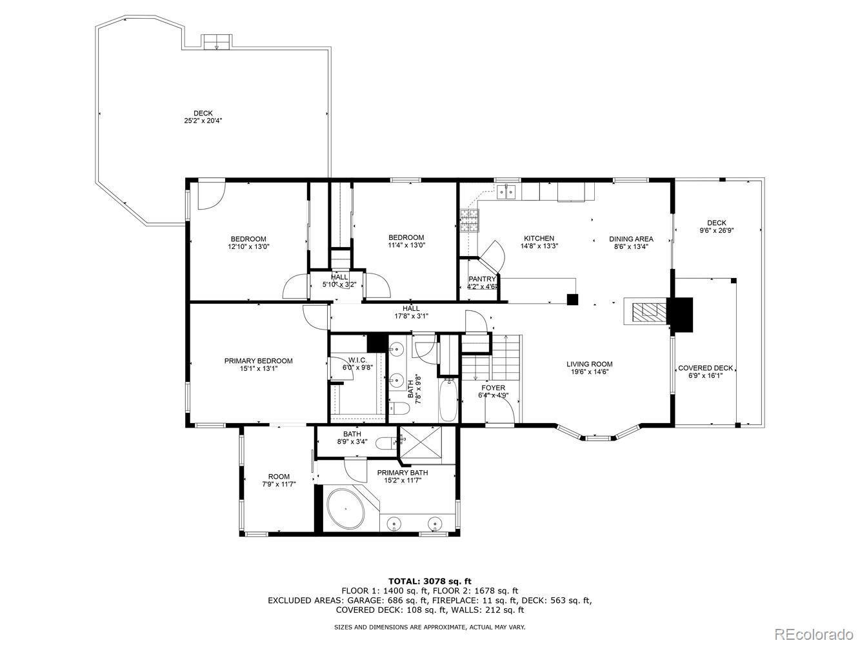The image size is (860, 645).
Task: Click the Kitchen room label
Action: click(539, 238)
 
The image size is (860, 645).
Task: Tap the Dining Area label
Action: click(631, 239)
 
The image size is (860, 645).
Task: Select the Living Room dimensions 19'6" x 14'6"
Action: click(589, 372)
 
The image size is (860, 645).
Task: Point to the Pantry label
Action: click(482, 279)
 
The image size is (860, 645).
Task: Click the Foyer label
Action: click(493, 388)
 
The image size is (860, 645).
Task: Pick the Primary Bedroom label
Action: click(258, 361)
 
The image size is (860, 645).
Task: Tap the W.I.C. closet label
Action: click(357, 360)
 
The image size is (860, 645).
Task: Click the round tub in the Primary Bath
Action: click(346, 508)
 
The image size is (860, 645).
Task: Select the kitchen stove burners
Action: click(469, 221)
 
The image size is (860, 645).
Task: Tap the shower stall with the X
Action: click(420, 441)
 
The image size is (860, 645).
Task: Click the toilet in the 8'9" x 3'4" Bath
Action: click(386, 444)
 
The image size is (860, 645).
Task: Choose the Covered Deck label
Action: click(705, 368)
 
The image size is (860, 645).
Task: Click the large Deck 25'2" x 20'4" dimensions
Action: click(203, 121)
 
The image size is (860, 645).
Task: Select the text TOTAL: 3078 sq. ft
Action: click(430, 581)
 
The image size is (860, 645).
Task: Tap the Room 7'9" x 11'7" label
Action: click(279, 480)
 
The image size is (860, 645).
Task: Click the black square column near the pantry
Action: click(572, 299)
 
